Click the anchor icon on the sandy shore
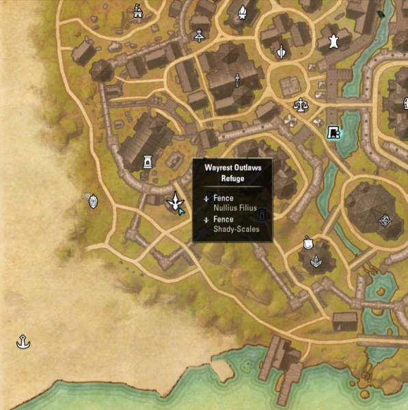click(23, 341)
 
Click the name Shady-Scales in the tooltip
click(236, 229)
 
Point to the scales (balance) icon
click(300, 105)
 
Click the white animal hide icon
click(334, 42)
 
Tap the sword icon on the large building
click(237, 80)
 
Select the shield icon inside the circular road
click(281, 51)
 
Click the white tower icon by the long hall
click(146, 162)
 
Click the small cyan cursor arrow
click(181, 211)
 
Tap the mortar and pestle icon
click(307, 242)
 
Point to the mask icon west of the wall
click(93, 200)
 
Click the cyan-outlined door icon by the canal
click(333, 132)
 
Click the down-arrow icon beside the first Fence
click(206, 198)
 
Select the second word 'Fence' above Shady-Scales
click(223, 220)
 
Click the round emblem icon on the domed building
click(385, 220)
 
